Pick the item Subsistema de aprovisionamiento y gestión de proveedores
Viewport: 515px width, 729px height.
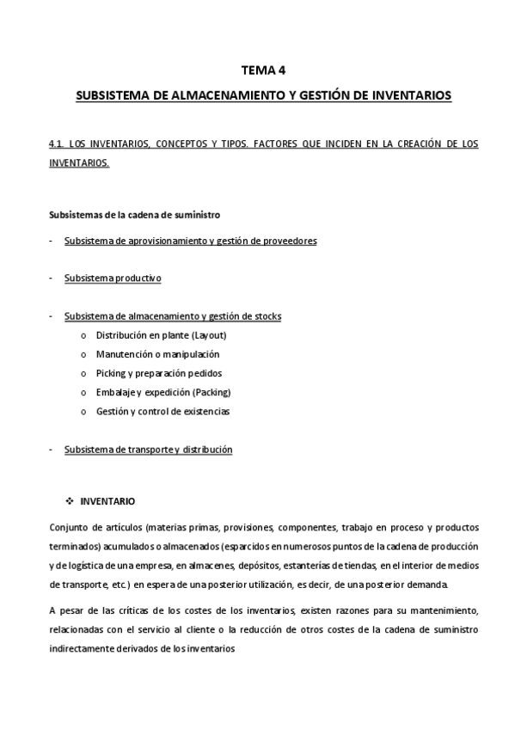(x=191, y=241)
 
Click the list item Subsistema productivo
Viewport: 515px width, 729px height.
(x=113, y=279)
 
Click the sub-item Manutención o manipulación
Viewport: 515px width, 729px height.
(x=157, y=354)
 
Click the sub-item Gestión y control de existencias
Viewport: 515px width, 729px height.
(x=162, y=411)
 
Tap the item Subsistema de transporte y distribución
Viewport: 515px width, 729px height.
(x=148, y=450)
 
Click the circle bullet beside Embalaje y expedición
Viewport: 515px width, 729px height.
(x=83, y=393)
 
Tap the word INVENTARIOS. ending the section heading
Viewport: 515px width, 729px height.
(x=79, y=162)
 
